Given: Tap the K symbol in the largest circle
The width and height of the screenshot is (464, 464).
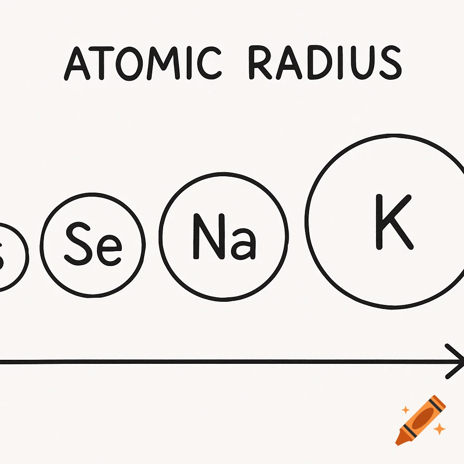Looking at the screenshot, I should [x=393, y=222].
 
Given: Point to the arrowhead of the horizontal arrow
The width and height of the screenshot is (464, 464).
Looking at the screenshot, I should [x=455, y=361].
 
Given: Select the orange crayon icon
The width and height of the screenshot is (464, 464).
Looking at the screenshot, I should [x=420, y=420].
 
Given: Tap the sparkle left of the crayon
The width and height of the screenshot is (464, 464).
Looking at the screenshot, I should [x=406, y=411].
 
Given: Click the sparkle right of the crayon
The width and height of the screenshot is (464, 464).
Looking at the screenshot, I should [x=439, y=429].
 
